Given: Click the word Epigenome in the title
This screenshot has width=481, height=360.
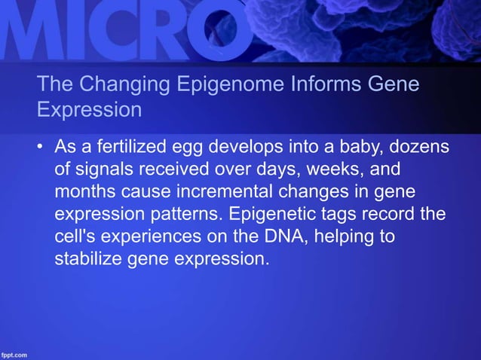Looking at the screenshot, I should click(222, 84).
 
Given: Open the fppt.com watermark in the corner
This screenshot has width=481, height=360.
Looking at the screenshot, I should click(15, 353).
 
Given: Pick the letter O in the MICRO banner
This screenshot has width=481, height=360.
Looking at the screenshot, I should click(219, 30).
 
